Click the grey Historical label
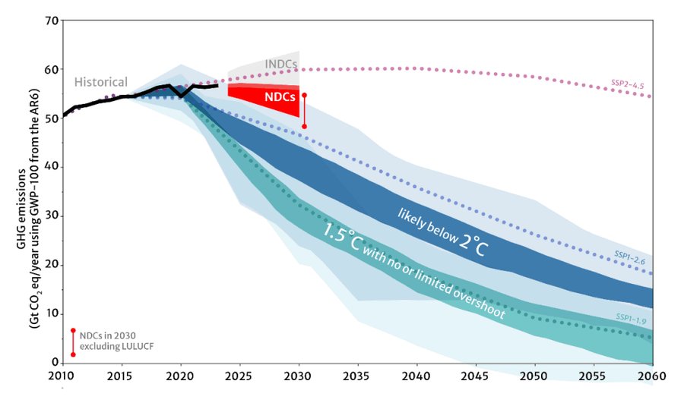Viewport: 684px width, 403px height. click(100, 82)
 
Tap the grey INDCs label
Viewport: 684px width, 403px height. click(280, 64)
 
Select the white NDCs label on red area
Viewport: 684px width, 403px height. click(280, 97)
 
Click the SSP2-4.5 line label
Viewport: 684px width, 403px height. click(628, 85)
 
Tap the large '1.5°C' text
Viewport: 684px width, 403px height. click(347, 231)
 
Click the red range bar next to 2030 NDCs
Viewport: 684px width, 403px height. click(305, 111)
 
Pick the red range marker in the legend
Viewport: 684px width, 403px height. click(73, 342)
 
